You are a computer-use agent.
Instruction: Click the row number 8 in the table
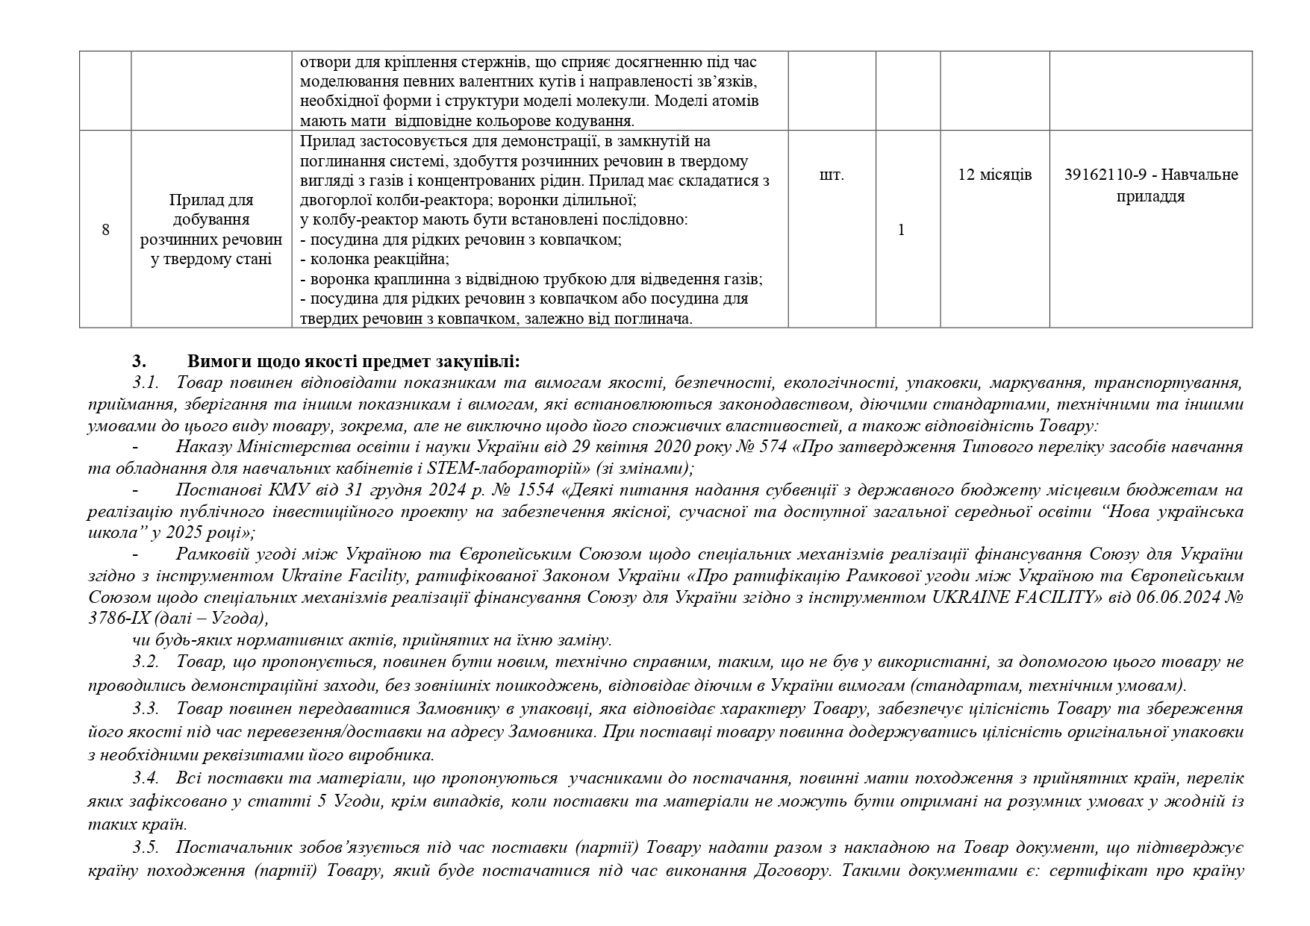click(x=105, y=230)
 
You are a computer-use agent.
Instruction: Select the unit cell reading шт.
click(x=832, y=175)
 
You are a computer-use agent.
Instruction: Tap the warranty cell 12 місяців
click(x=994, y=175)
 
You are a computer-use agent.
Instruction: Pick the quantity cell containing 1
click(x=901, y=230)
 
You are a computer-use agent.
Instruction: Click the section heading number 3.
click(x=138, y=362)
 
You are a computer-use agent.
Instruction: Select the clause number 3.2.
click(x=146, y=663)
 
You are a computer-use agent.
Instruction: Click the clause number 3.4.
click(x=146, y=779)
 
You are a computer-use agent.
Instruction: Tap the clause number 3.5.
click(x=146, y=849)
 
